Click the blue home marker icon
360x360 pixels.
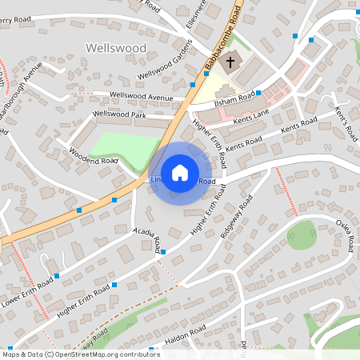[x=180, y=173]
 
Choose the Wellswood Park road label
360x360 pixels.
[x=119, y=115]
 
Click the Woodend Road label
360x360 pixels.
[x=93, y=155]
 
